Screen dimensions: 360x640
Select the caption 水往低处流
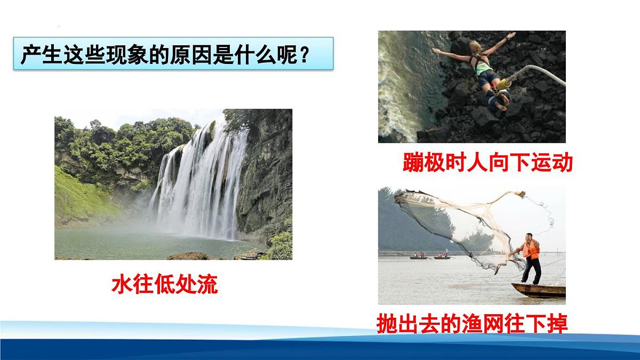(x=165, y=284)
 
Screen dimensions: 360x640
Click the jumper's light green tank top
(x=483, y=66)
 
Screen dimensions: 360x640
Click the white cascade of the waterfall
(x=200, y=181)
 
